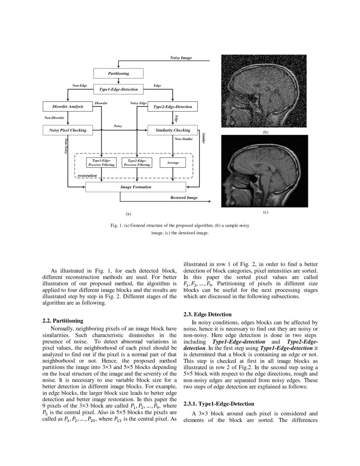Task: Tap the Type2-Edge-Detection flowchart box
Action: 172,107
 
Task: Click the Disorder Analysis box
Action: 68,107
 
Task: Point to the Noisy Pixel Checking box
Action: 68,130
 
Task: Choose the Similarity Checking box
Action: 173,130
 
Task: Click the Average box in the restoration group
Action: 173,163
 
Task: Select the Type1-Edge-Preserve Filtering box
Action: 101,163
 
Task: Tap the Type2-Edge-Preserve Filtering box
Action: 137,163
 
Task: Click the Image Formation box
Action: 136,187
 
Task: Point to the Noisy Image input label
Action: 181,57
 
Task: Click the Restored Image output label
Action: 184,197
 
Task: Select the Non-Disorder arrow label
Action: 54,118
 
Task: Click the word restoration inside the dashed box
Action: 87,175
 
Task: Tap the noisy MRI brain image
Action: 265,91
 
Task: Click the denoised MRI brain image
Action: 265,171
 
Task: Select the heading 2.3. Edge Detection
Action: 208,314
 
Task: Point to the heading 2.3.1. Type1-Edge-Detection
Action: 219,404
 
